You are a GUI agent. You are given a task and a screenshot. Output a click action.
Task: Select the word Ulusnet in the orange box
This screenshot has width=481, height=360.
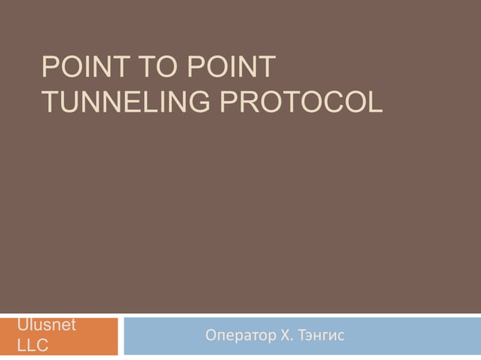coord(47,325)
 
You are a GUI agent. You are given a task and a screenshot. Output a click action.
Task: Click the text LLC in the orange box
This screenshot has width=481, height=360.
coord(33,345)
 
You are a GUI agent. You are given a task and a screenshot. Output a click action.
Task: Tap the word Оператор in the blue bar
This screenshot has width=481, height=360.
coord(237,335)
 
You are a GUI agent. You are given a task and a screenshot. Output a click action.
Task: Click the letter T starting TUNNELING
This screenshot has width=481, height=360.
coord(51,102)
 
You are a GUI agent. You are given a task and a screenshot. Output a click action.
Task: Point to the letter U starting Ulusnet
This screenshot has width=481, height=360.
coord(23,325)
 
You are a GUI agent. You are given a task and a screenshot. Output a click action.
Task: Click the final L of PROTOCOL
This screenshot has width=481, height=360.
coord(375,102)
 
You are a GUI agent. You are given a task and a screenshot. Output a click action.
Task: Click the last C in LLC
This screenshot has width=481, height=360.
coord(42,345)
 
